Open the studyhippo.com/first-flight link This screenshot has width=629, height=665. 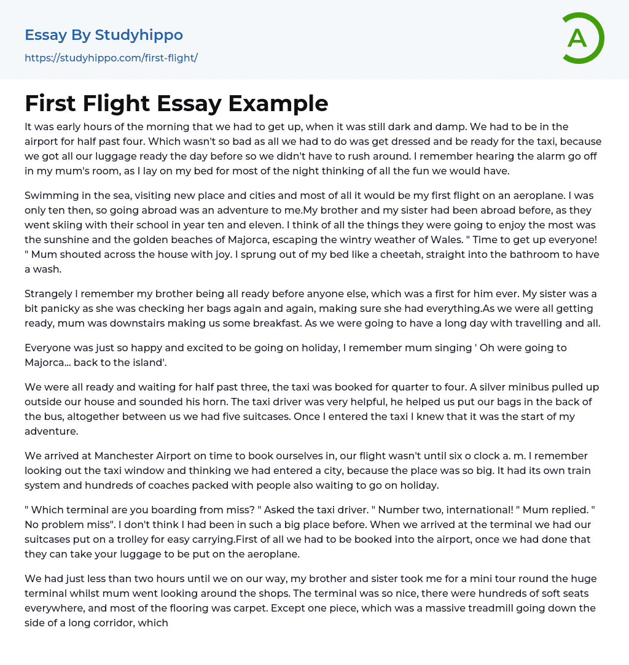pos(111,58)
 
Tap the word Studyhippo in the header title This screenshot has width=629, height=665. pos(139,35)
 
